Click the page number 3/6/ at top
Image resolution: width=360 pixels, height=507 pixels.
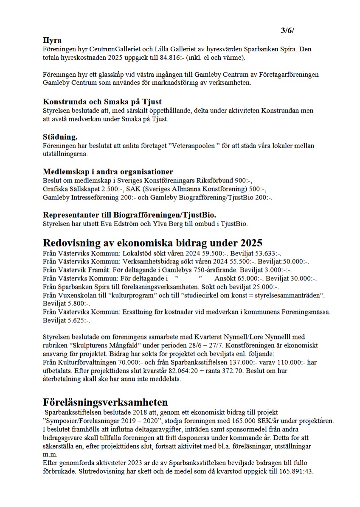(x=287, y=31)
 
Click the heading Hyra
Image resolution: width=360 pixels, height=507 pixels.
(x=52, y=41)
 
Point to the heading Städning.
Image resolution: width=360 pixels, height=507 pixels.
(x=60, y=137)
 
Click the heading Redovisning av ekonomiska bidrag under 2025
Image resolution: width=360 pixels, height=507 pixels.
(x=152, y=243)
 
